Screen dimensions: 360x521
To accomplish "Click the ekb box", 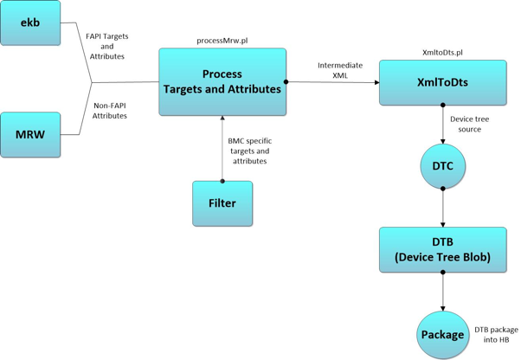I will pyautogui.click(x=30, y=22).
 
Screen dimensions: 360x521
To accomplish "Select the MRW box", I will pyautogui.click(x=30, y=135).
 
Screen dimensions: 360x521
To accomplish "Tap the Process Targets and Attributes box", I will pyautogui.click(x=222, y=82).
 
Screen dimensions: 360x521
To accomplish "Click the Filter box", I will pyautogui.click(x=222, y=203).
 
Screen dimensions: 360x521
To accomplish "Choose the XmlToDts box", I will pyautogui.click(x=442, y=83).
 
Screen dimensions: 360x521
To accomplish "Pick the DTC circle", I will pyautogui.click(x=442, y=166).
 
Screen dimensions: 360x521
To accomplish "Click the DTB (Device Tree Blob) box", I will pyautogui.click(x=442, y=249).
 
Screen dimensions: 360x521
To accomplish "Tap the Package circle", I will pyautogui.click(x=442, y=334).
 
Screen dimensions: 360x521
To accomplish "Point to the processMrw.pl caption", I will pyautogui.click(x=222, y=41).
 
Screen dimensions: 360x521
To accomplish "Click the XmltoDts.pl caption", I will pyautogui.click(x=442, y=53).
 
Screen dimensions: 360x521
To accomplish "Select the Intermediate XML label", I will pyautogui.click(x=334, y=69).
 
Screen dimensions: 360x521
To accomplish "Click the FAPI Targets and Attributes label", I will pyautogui.click(x=107, y=46).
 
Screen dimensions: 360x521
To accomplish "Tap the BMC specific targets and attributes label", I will pyautogui.click(x=248, y=150).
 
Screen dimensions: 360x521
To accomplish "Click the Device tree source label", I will pyautogui.click(x=466, y=124).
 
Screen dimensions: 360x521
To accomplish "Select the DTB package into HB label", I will pyautogui.click(x=496, y=334).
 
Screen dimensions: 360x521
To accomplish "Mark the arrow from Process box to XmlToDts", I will pyautogui.click(x=332, y=83).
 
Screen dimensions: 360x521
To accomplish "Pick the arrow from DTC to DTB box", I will pyautogui.click(x=442, y=208).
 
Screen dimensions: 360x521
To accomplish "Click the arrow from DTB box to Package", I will pyautogui.click(x=442, y=292).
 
